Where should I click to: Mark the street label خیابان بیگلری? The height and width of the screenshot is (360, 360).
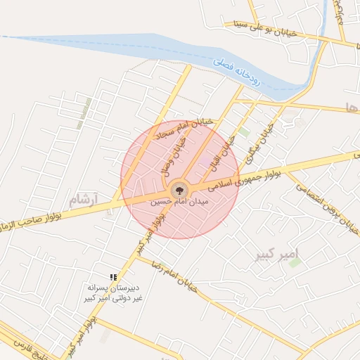point(261,135)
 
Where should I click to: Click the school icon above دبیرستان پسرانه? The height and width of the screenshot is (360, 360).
point(113,278)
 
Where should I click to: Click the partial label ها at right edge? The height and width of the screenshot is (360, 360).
point(352,107)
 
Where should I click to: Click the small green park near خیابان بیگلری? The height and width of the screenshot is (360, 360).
point(244,131)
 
